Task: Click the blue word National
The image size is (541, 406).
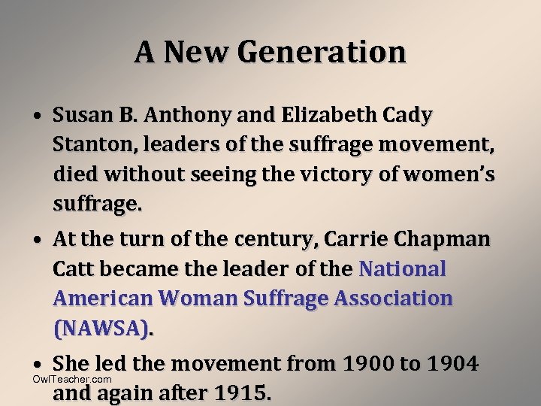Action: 403,268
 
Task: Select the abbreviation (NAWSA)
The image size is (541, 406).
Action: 101,328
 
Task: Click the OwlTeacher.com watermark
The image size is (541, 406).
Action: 72,379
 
